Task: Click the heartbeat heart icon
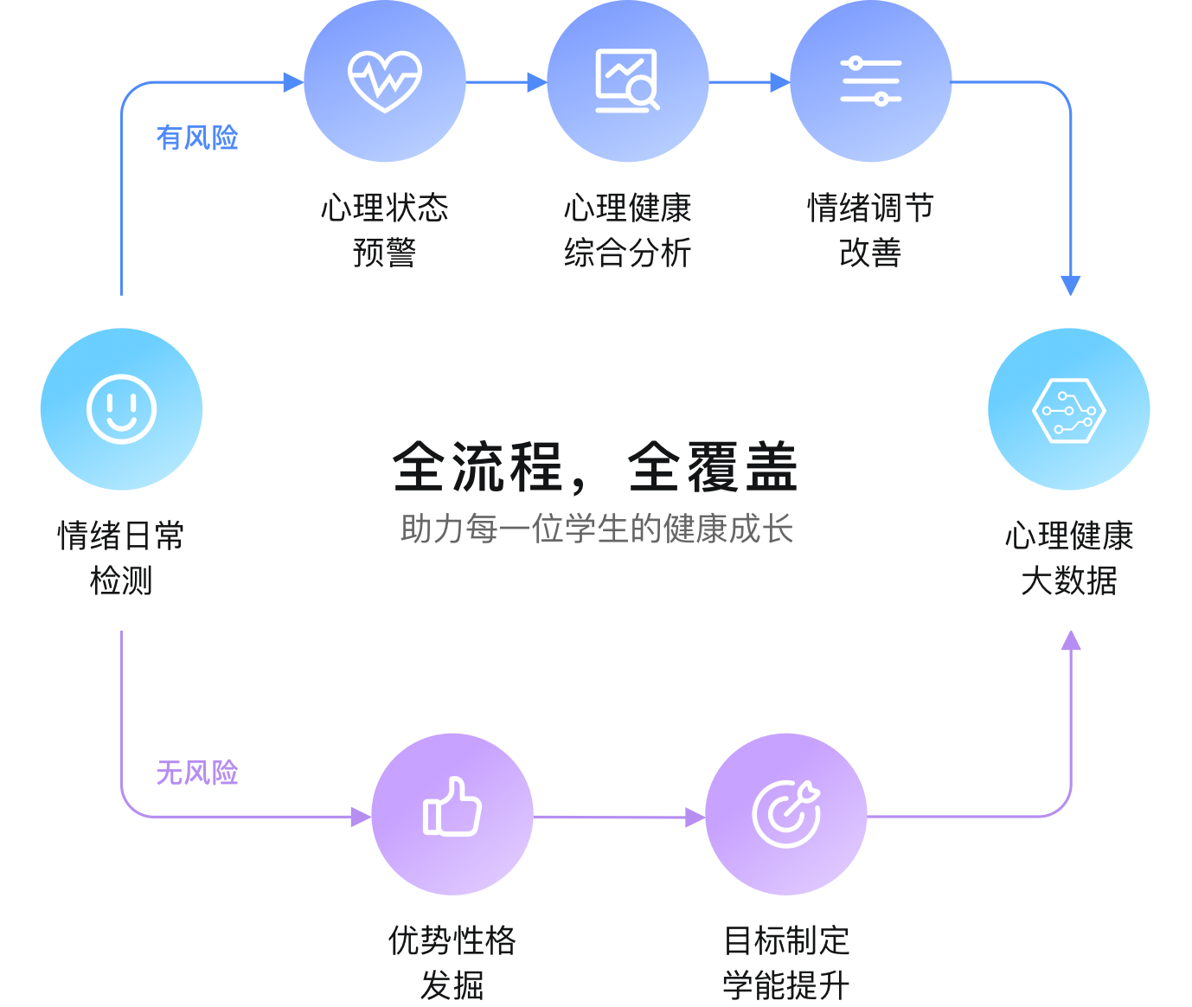tap(385, 81)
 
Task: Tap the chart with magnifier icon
tap(627, 81)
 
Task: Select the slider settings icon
tap(871, 81)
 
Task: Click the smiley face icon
tap(121, 409)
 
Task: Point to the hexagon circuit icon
tap(1069, 409)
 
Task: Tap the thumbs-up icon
tap(452, 807)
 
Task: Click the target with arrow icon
tap(786, 814)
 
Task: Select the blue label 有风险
tap(197, 138)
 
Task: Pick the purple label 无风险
tap(197, 773)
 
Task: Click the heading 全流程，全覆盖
tap(595, 467)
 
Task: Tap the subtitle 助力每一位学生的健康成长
tap(596, 529)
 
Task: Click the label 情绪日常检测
tap(121, 558)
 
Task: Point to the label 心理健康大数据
tap(1069, 558)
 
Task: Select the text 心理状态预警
tap(385, 230)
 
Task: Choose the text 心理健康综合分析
tap(627, 230)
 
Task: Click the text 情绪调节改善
tap(871, 230)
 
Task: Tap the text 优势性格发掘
tap(452, 962)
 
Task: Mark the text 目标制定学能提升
tap(786, 962)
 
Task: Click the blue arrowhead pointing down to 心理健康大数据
tap(1071, 285)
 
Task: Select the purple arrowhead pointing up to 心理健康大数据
tap(1071, 641)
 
